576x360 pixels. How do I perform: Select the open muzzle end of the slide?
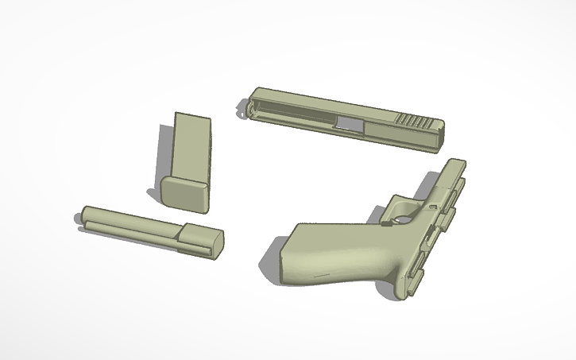click(x=249, y=106)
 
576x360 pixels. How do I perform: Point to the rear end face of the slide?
click(x=439, y=137)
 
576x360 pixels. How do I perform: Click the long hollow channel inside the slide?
click(x=294, y=111)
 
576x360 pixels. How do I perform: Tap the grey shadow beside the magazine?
click(x=163, y=159)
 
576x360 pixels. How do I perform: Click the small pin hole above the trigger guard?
click(x=433, y=208)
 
